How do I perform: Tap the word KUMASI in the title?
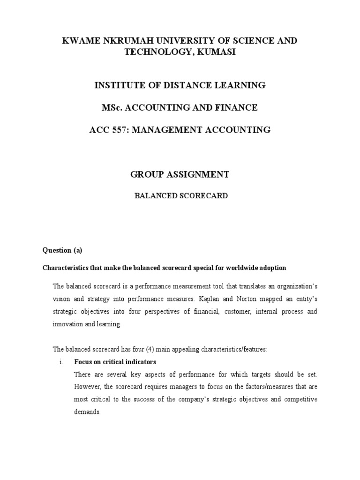214,52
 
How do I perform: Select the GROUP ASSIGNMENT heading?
180,174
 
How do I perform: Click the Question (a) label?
62,250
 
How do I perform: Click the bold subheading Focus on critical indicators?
115,362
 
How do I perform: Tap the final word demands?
87,412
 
